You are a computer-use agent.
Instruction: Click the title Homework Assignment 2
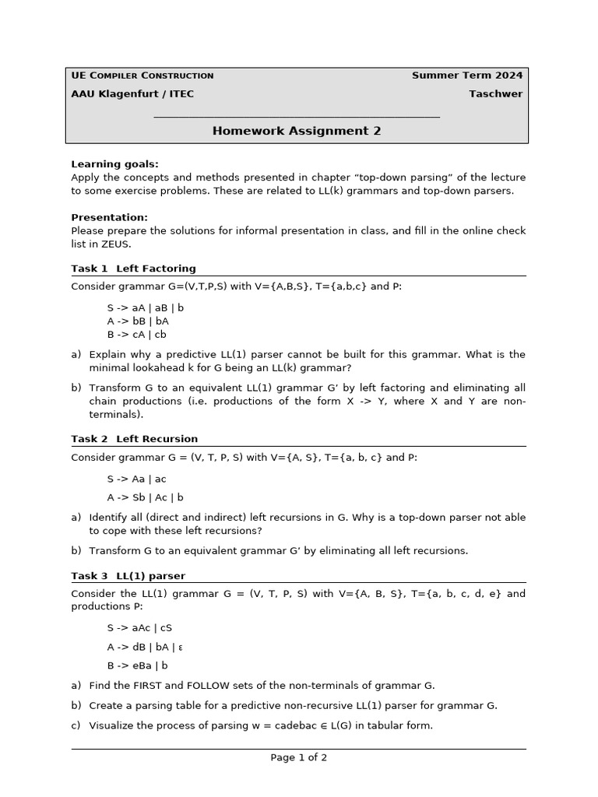coord(297,131)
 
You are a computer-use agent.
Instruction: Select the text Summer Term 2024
coord(467,75)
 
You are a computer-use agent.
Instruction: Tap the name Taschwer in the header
coord(495,94)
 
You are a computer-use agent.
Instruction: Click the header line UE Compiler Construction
coord(142,75)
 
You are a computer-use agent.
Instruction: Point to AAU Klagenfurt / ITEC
coord(132,94)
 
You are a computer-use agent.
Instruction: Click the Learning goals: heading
coord(114,164)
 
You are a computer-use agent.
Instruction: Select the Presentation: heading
coord(109,218)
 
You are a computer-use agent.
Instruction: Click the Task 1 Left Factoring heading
coord(133,269)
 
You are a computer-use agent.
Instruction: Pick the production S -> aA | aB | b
coord(146,307)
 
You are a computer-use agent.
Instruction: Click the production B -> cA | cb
coord(137,335)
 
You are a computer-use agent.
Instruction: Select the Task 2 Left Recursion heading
coord(134,439)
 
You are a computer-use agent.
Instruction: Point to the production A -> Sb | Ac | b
coord(146,497)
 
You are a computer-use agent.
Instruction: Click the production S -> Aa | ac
coord(137,479)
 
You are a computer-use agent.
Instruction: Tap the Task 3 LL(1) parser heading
coord(128,576)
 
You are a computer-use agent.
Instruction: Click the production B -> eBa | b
coord(138,665)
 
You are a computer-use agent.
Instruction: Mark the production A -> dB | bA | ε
coord(146,647)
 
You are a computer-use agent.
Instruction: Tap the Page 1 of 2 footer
coord(299,757)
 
